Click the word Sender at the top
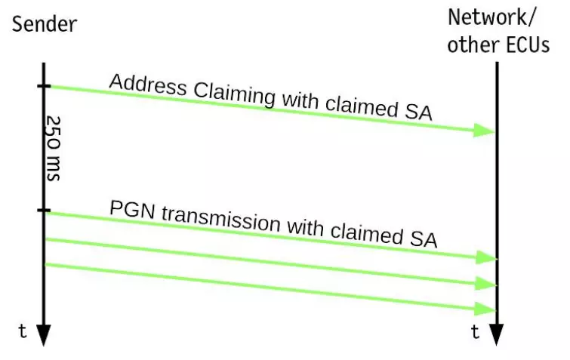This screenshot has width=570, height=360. click(45, 24)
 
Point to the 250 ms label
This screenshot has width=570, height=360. click(53, 148)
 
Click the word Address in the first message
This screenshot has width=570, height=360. click(148, 85)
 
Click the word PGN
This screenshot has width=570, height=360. click(128, 208)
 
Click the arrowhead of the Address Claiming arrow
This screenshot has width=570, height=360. click(484, 131)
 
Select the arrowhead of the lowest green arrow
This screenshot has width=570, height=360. click(484, 309)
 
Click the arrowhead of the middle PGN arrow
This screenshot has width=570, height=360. click(484, 284)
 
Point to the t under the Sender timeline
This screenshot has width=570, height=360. click(23, 331)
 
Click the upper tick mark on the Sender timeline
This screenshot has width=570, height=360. click(44, 87)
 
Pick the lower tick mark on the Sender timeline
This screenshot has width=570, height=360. click(44, 211)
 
